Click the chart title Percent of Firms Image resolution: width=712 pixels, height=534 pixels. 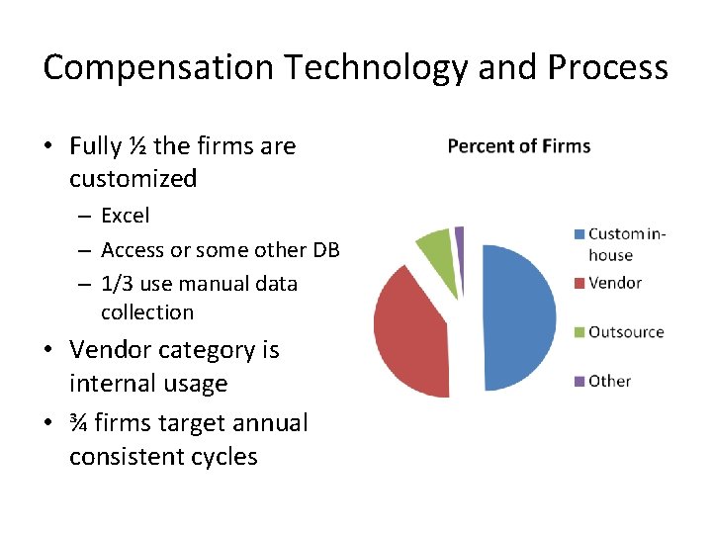(518, 146)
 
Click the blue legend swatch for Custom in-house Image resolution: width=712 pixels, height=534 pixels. (579, 234)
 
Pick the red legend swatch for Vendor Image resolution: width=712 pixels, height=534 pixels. (579, 284)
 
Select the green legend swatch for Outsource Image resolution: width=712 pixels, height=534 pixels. (579, 332)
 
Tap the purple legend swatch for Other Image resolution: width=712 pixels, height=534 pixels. (579, 381)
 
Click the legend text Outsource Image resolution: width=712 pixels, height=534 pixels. (625, 332)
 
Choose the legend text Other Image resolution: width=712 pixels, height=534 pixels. (609, 381)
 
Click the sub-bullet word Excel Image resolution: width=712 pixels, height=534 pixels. (126, 216)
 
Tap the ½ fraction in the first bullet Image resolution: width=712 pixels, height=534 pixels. (138, 146)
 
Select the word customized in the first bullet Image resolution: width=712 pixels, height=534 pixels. (133, 179)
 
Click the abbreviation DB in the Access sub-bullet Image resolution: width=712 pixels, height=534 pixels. (325, 249)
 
